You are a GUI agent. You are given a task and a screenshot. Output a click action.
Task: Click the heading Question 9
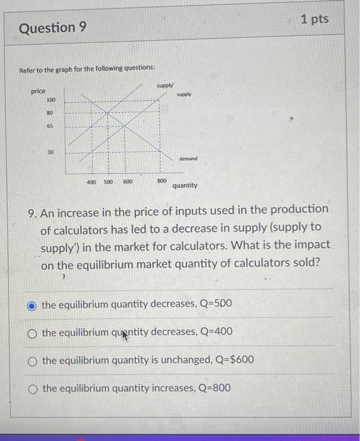click(x=53, y=28)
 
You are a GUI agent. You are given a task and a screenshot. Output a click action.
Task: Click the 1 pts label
click(x=314, y=20)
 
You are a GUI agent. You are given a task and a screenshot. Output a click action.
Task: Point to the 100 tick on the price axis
click(x=50, y=100)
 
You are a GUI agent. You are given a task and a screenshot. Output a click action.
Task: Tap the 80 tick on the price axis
click(x=50, y=113)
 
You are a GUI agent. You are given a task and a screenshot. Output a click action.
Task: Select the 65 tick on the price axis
click(x=50, y=126)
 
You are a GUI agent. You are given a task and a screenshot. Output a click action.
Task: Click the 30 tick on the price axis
click(x=50, y=152)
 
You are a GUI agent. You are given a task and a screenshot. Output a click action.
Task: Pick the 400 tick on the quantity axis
click(x=92, y=181)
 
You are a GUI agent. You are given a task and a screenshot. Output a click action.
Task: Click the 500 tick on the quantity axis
click(x=108, y=181)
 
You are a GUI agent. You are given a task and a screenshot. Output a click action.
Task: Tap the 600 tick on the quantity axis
click(x=128, y=181)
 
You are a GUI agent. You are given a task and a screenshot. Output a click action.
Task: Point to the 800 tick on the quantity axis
click(x=162, y=181)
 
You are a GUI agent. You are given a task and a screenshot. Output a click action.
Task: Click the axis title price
click(x=38, y=92)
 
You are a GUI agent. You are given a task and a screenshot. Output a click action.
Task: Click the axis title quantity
click(x=184, y=186)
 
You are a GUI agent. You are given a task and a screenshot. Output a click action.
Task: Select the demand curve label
click(x=188, y=159)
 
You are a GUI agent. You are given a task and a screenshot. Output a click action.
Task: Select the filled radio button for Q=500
click(x=32, y=305)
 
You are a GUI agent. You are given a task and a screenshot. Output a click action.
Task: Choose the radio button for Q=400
click(x=32, y=333)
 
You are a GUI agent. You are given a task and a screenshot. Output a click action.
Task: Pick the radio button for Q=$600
click(x=32, y=360)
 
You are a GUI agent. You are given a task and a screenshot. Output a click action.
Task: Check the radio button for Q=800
click(x=32, y=388)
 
